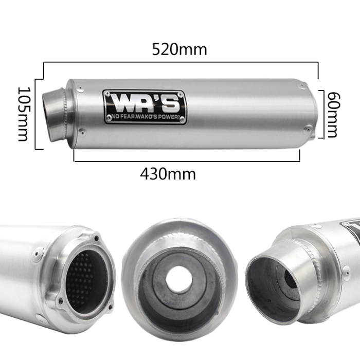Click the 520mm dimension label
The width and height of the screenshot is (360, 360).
pos(179,49)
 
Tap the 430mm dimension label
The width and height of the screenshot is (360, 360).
pos(168,174)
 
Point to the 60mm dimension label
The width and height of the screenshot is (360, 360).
pos(333,115)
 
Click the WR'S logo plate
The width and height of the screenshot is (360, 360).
pos(144,106)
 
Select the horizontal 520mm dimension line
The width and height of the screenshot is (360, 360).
pos(180,63)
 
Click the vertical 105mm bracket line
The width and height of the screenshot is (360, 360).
pos(35,114)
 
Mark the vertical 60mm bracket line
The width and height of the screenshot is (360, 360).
pos(323,114)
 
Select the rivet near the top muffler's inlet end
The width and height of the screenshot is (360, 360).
pos(80,89)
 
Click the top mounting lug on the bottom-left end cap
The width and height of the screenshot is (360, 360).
pos(96,237)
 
